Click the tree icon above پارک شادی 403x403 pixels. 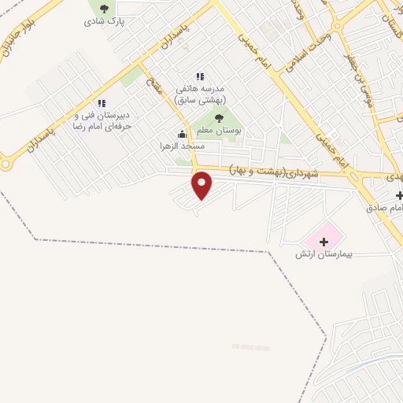click(x=104, y=9)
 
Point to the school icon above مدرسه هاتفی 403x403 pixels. click(x=200, y=76)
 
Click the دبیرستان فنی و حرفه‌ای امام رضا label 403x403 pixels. click(x=102, y=120)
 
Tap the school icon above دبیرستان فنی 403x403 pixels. click(x=101, y=103)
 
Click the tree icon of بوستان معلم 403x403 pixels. click(x=219, y=118)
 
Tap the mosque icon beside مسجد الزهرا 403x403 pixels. click(x=183, y=135)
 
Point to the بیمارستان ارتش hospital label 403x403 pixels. click(x=322, y=253)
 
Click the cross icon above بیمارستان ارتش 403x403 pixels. click(x=323, y=241)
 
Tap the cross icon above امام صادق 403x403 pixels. click(x=399, y=195)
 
